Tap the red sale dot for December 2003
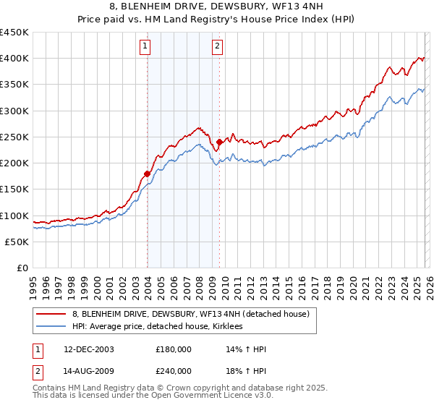[x=147, y=174]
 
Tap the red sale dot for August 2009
[x=219, y=142]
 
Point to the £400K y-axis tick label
[x=14, y=59]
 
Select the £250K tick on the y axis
[x=14, y=137]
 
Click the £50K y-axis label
[x=17, y=242]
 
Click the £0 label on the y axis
[x=22, y=268]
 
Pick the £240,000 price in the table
[x=174, y=370]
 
